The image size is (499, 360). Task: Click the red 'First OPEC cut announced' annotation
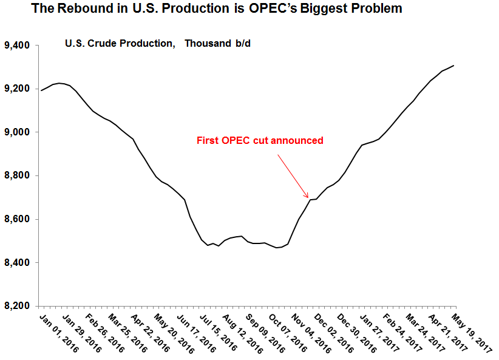point(260,140)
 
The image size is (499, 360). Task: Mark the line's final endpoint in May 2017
point(454,66)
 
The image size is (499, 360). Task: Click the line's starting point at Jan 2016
point(40,90)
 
